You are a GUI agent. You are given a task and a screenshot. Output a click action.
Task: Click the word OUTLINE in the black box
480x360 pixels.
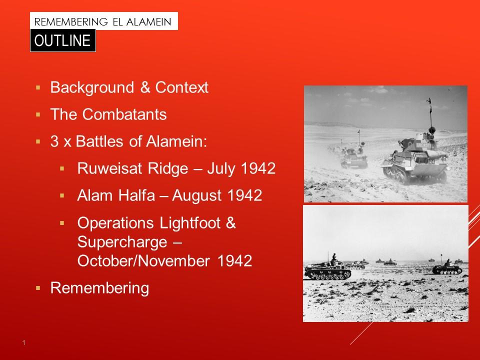(62, 40)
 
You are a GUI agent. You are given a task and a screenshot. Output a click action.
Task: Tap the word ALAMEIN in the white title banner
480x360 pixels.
(149, 22)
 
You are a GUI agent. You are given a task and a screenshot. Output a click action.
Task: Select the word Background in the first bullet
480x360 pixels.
(92, 87)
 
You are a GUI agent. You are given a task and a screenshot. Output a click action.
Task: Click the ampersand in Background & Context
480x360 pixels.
(145, 87)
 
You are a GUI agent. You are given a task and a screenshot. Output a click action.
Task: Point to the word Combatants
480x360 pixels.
(124, 114)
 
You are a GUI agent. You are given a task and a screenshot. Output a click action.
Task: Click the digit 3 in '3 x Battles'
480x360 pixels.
(54, 141)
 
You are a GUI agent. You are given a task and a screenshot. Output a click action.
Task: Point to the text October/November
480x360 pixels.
(143, 261)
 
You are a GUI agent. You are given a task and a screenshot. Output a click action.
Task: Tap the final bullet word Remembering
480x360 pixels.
(100, 288)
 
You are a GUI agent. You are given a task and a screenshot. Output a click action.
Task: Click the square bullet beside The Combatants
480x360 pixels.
(38, 115)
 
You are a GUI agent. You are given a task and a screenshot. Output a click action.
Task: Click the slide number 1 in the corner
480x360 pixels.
(24, 343)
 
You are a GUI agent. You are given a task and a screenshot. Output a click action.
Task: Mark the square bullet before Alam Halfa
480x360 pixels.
(62, 195)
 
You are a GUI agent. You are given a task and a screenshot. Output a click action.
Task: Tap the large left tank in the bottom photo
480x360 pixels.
(327, 269)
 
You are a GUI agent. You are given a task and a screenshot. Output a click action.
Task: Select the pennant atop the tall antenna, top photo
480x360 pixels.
(429, 101)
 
